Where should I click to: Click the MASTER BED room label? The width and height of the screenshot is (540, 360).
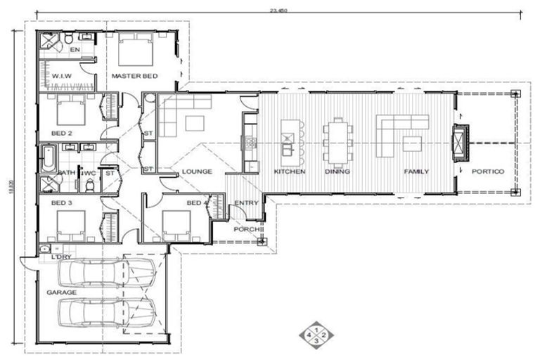click(134, 76)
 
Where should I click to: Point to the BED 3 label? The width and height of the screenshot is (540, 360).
click(61, 203)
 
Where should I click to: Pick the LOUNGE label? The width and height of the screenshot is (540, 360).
click(197, 172)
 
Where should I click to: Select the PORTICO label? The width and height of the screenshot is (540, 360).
click(488, 172)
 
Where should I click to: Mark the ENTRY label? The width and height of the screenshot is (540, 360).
click(247, 203)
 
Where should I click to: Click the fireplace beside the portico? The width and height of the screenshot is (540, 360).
click(460, 143)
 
